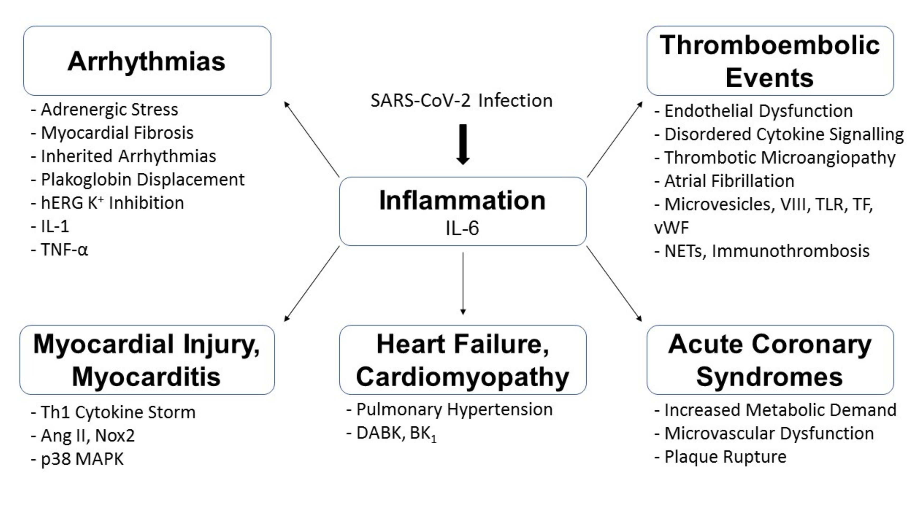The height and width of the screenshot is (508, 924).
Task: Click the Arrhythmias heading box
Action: click(x=147, y=61)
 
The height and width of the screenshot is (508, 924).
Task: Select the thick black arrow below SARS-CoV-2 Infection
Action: click(x=463, y=144)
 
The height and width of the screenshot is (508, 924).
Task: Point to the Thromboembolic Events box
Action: click(x=770, y=61)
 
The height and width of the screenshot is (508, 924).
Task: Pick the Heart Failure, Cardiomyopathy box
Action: click(x=462, y=360)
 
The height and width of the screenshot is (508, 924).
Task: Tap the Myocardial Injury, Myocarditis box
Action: click(x=147, y=360)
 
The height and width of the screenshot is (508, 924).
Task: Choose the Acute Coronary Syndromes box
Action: click(x=770, y=360)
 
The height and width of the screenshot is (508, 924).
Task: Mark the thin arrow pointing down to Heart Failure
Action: click(x=463, y=283)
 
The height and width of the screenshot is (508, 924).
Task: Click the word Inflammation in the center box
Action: click(x=462, y=201)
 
